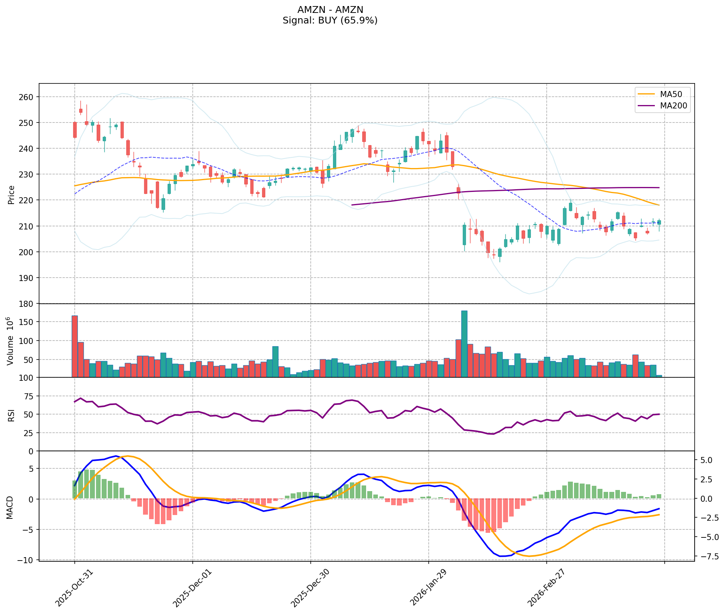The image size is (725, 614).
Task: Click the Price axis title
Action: pyautogui.click(x=11, y=195)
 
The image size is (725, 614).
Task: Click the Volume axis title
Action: pyautogui.click(x=11, y=341)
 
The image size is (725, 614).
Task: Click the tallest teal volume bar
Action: pyautogui.click(x=464, y=344)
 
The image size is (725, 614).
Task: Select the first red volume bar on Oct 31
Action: pyautogui.click(x=75, y=346)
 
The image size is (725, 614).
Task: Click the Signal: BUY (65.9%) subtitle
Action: pyautogui.click(x=330, y=20)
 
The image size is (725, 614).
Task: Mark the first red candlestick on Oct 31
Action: pyautogui.click(x=75, y=130)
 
